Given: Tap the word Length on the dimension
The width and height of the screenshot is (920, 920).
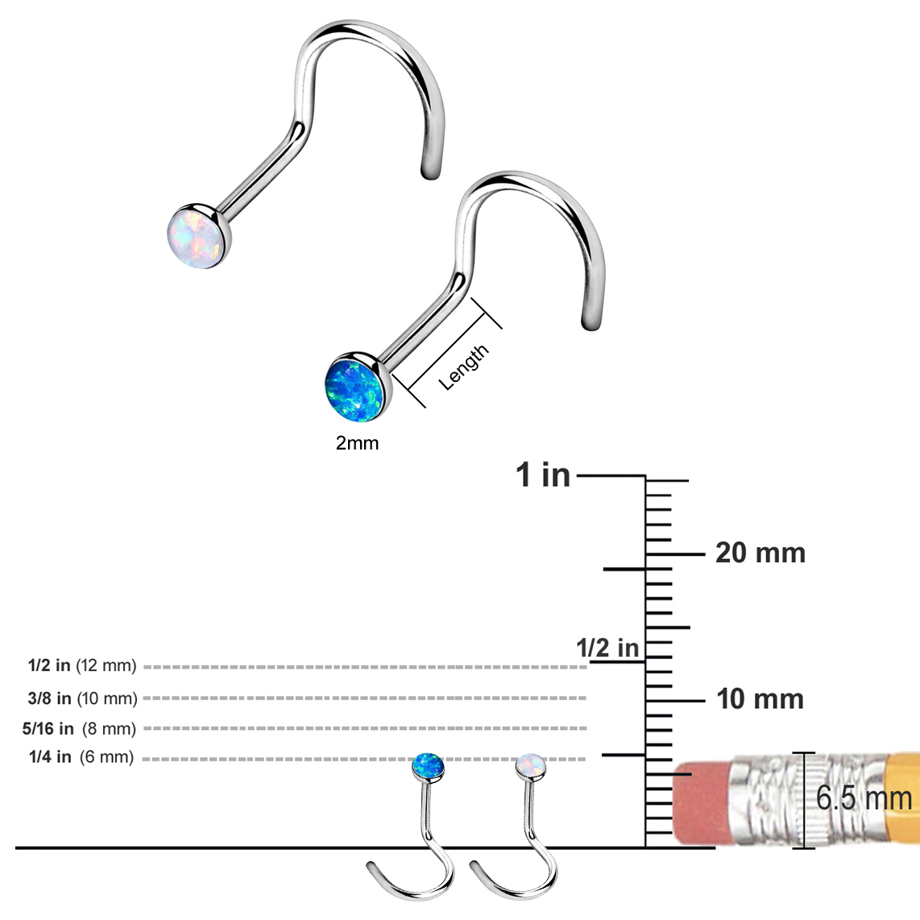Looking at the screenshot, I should pos(464,367).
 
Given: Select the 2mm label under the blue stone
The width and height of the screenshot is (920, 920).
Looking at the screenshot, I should pos(357,443).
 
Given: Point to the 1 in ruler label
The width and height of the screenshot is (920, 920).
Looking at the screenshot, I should pos(543,475).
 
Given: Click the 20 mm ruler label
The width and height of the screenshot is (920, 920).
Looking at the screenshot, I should pos(760,553).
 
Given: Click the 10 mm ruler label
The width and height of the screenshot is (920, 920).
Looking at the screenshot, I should pos(760,699).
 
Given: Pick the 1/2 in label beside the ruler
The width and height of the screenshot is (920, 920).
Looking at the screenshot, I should pos(607,648).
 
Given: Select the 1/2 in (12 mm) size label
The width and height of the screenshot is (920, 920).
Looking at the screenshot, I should pos(82,666).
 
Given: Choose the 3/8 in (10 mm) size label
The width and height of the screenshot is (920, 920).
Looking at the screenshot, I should pos(82,698).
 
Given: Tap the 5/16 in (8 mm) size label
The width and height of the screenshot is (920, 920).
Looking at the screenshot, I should pos(79,729).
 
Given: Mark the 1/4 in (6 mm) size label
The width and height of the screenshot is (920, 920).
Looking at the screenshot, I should pos(81,757).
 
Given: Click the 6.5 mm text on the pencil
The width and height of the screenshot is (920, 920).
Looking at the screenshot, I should pos(864,798).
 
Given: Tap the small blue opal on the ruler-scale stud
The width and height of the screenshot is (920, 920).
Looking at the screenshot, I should pos(428,766).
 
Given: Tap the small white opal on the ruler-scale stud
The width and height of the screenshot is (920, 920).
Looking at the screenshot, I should pos(531,765).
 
